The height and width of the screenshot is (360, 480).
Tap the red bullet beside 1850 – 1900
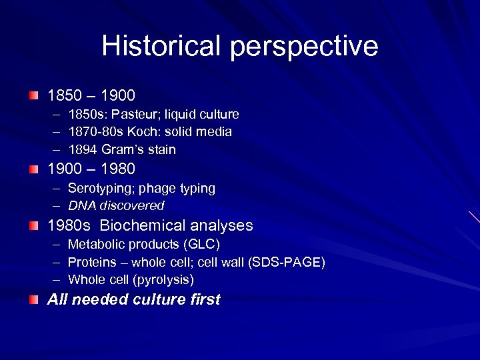point(34,96)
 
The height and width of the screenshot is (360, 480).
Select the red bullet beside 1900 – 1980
point(34,169)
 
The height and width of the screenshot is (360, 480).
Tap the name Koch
point(136,132)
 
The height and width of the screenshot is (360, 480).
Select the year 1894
point(83,149)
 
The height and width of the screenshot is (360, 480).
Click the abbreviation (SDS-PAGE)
point(287,263)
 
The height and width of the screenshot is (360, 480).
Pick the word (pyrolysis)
point(163,280)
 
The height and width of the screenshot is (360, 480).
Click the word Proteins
point(91,263)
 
